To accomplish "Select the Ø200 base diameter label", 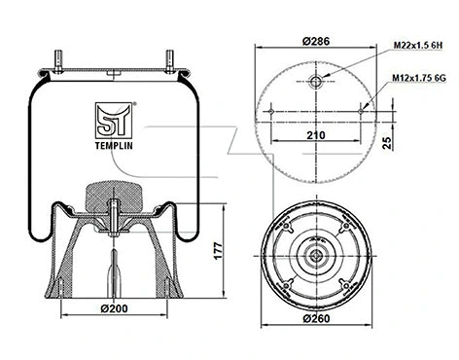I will click(115, 309).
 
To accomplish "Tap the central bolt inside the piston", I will click(115, 219).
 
